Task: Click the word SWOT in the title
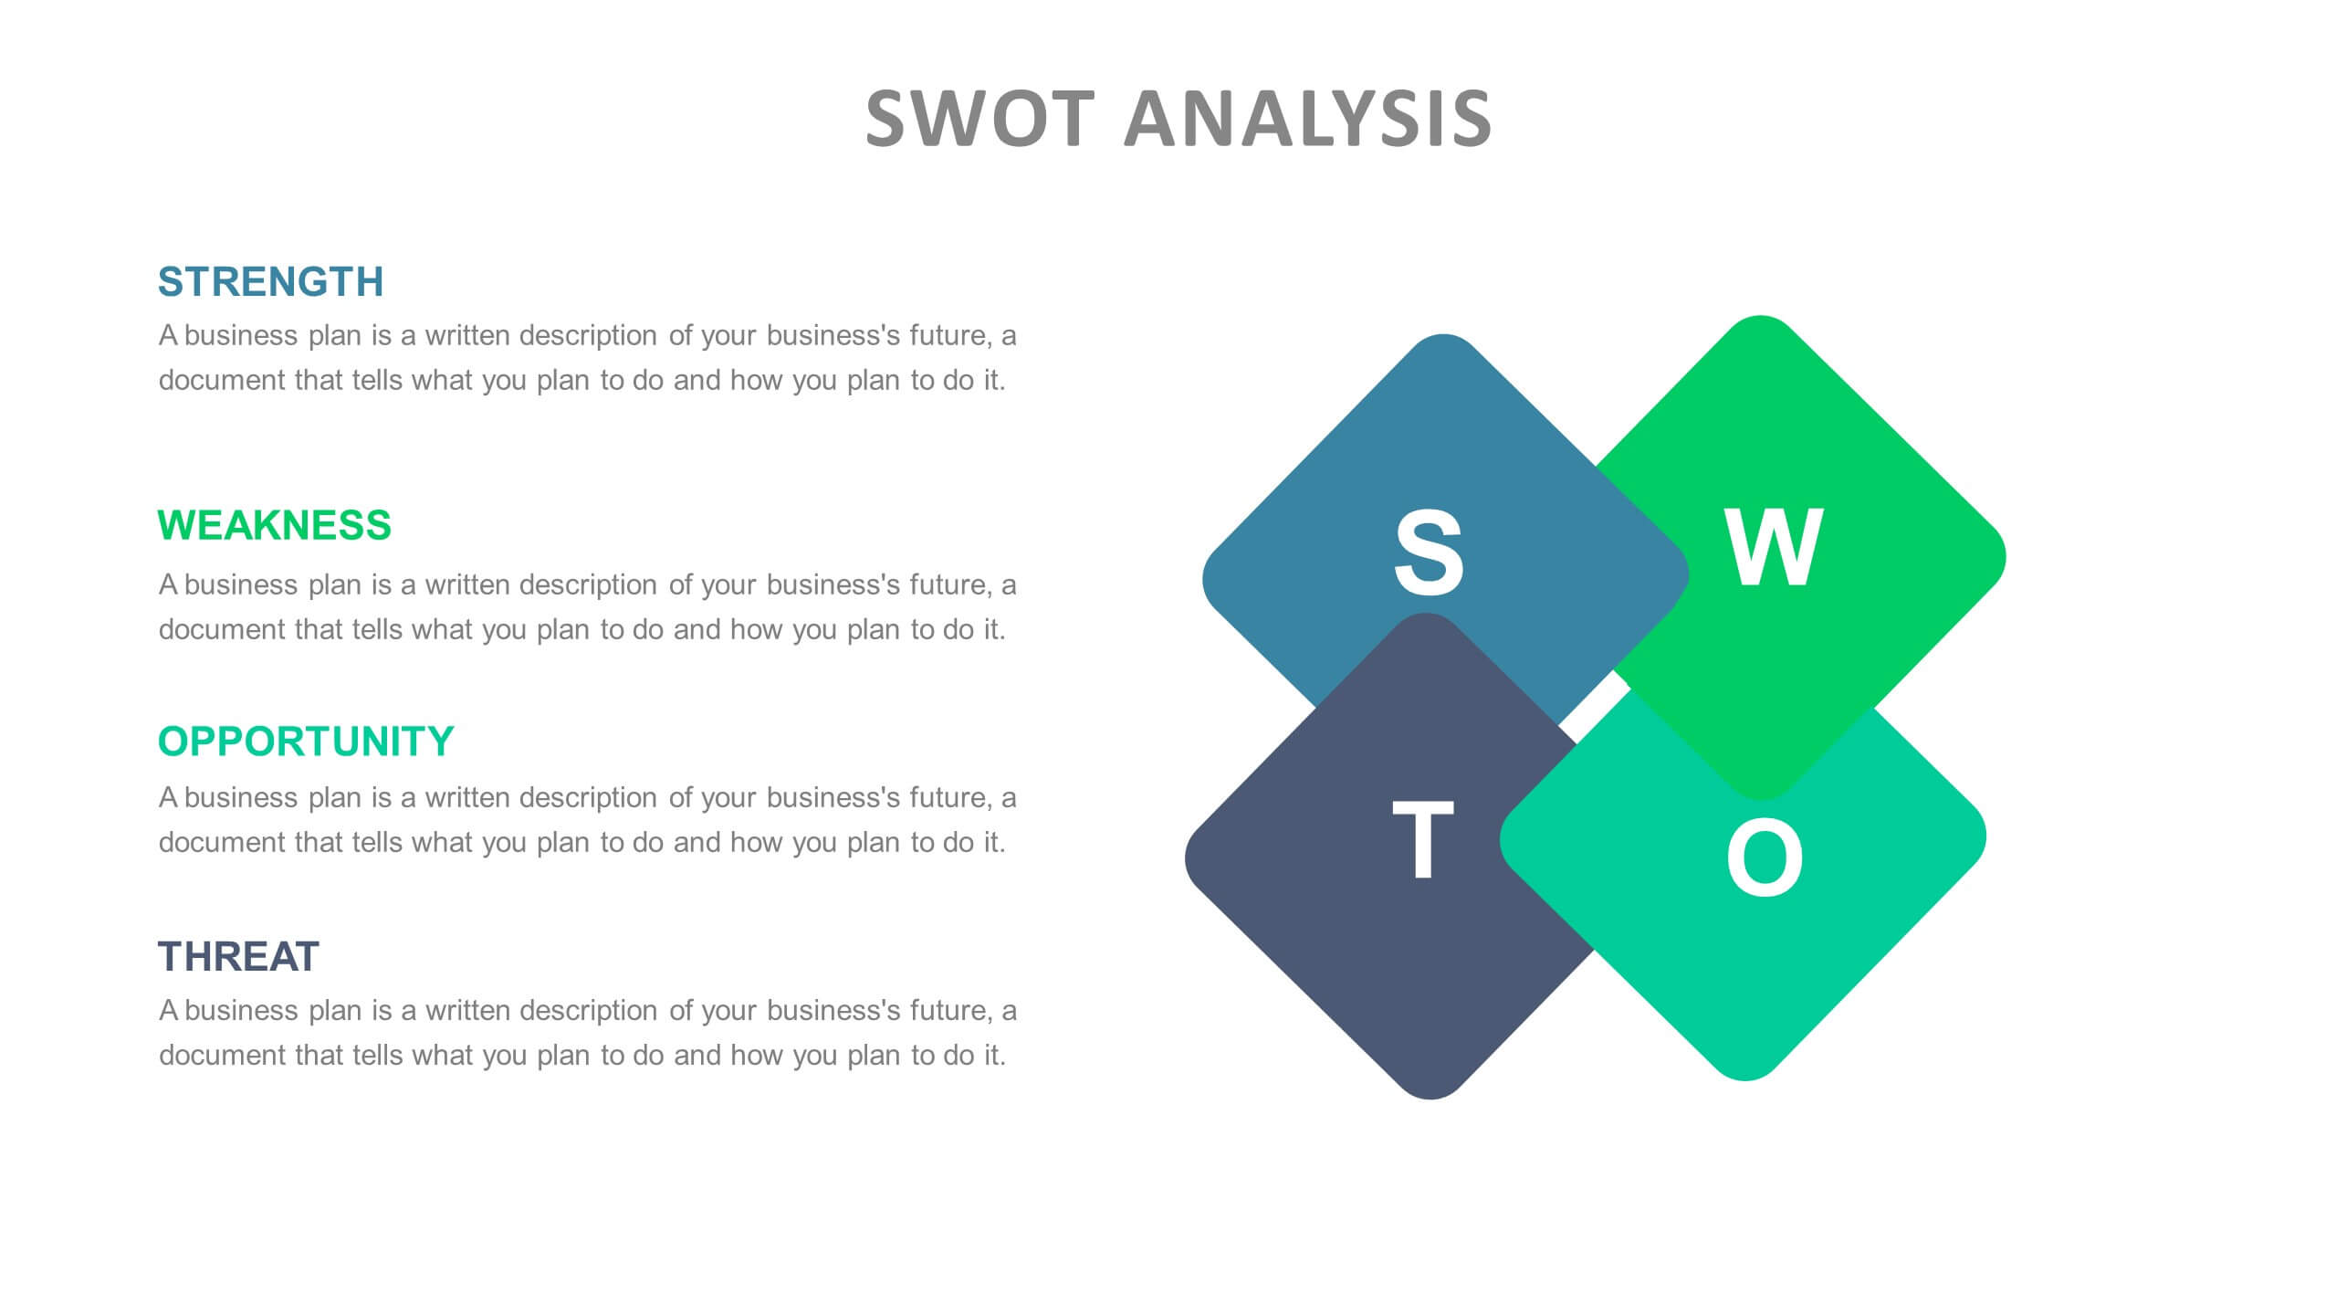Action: pos(979,119)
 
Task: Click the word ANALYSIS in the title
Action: pos(1308,119)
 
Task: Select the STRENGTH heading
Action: pos(270,281)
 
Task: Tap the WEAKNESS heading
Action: pos(274,525)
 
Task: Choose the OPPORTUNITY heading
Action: pos(306,742)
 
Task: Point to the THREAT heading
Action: pos(238,957)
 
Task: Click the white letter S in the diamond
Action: pos(1429,552)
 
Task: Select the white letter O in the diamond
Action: pos(1765,857)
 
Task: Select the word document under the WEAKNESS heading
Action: pos(222,629)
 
